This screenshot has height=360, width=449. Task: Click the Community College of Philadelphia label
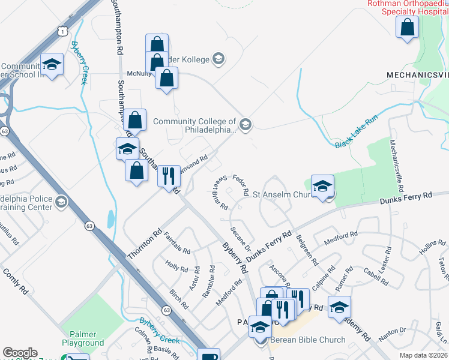(x=195, y=125)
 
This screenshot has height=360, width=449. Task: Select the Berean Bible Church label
(x=307, y=340)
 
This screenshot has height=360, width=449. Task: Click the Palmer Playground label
(x=79, y=338)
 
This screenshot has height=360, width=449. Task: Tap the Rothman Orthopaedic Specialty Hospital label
(x=408, y=7)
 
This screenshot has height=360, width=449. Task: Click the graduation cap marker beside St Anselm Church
(x=322, y=185)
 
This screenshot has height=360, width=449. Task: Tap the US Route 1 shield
(x=61, y=29)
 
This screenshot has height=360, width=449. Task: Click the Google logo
(x=20, y=353)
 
